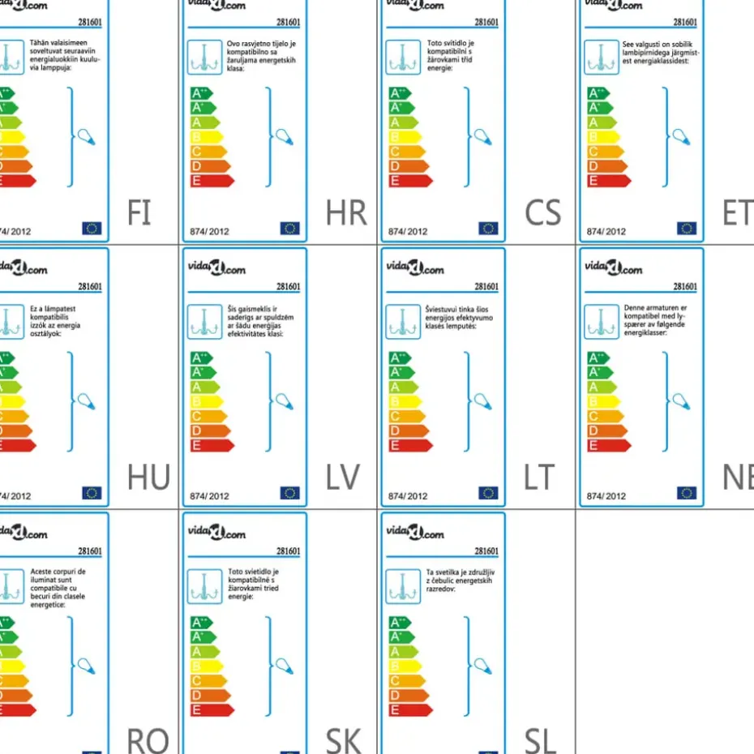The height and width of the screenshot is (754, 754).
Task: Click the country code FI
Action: pos(139,212)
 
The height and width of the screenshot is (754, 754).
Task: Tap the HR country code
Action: pos(346,212)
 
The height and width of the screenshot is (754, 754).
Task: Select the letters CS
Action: pos(542,212)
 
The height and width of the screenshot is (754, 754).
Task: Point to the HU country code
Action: pos(148,478)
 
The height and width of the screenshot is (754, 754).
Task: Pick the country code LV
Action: pos(342,478)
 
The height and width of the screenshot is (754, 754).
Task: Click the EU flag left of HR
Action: pos(289,229)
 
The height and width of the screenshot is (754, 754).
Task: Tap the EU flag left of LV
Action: pos(289,493)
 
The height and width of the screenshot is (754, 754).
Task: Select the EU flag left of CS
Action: pos(488,229)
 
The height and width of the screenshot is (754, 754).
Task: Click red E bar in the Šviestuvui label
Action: pos(409,445)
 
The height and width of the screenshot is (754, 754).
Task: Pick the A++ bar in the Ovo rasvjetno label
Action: pos(202,93)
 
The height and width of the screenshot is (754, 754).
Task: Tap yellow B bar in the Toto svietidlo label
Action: pos(206,666)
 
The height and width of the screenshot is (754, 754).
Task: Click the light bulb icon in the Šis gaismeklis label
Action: pos(284,401)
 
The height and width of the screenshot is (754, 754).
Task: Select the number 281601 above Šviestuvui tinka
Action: pos(486,286)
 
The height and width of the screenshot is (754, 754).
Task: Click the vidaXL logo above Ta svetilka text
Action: pos(414,533)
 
